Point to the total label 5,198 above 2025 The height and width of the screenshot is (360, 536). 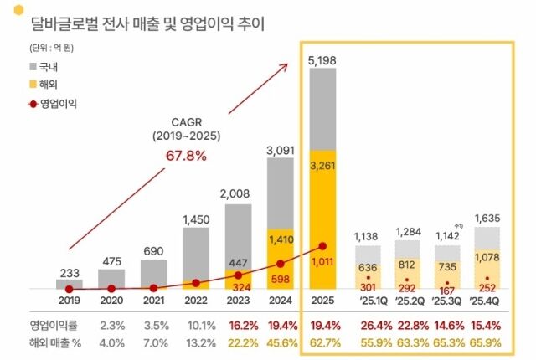tap(322, 59)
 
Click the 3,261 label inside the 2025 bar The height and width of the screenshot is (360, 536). tap(322, 166)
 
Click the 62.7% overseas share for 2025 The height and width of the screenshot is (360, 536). tap(322, 342)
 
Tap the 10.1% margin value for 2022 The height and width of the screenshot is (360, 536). tap(195, 324)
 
